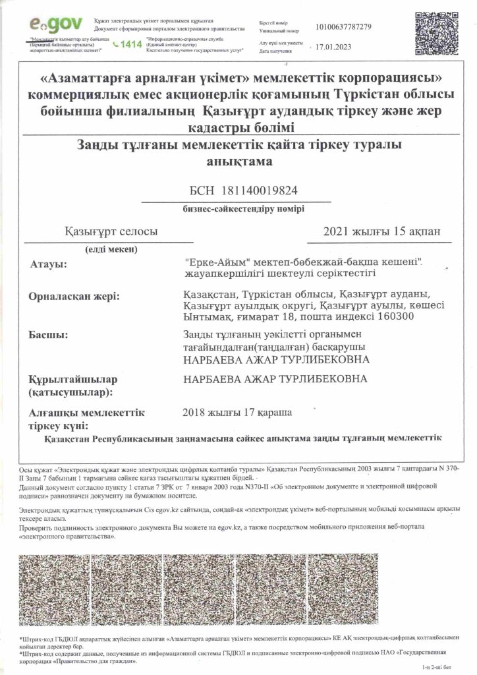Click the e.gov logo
click(x=56, y=24)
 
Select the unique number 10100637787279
click(x=343, y=26)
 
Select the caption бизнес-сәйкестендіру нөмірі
click(x=254, y=209)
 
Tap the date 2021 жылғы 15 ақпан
click(x=378, y=231)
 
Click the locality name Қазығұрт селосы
click(x=111, y=231)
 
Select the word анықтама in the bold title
click(x=238, y=161)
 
